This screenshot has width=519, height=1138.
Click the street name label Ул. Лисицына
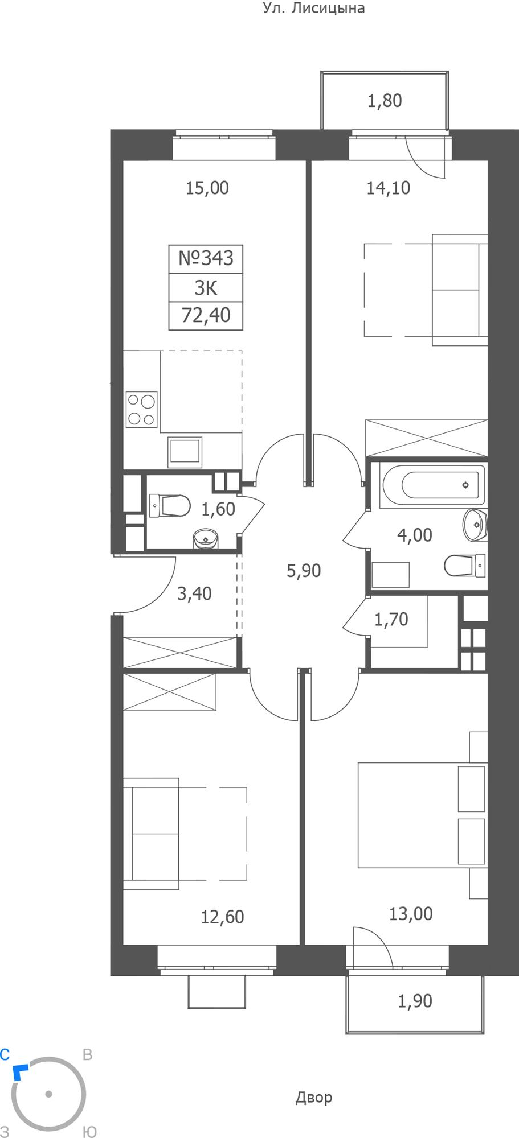coord(314,8)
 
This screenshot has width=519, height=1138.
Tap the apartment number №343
coord(206,258)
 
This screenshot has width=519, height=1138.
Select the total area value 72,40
coord(206,315)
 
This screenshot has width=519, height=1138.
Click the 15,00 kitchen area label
coord(207,188)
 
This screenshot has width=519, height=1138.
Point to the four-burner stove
coord(142,410)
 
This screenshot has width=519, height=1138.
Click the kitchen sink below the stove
coord(185,452)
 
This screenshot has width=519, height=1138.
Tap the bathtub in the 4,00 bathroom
coord(434,485)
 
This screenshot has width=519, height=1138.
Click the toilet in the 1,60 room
coord(170,505)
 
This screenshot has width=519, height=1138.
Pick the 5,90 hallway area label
coord(304,570)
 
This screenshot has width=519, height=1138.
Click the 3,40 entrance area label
coord(194,594)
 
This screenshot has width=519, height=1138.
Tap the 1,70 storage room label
coord(391,619)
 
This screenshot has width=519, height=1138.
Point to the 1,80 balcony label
coord(385,101)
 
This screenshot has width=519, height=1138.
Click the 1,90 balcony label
coord(415,1001)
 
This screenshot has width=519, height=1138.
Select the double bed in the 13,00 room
coord(422,815)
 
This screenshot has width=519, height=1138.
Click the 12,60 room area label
coord(222,917)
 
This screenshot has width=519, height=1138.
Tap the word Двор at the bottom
coord(314,1097)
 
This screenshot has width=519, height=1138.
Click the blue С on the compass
coord(5,1054)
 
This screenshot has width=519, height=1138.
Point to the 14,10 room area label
coord(388,188)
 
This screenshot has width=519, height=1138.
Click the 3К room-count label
coord(206,288)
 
